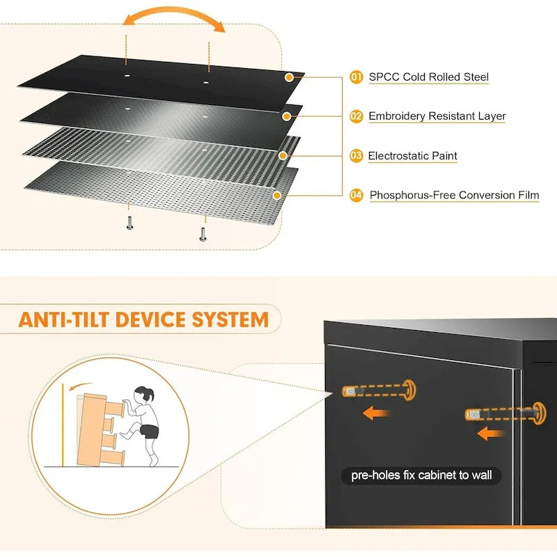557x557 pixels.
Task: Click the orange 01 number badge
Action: click(356, 77)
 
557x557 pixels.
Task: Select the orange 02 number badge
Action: click(356, 116)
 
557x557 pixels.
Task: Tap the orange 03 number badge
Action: click(356, 156)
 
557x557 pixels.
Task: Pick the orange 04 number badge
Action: click(356, 196)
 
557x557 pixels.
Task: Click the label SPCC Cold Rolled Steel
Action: click(428, 77)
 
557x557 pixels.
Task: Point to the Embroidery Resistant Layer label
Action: click(437, 116)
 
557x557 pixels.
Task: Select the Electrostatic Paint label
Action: click(412, 156)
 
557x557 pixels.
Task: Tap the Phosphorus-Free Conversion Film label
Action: click(454, 196)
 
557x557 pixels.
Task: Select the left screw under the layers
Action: click(130, 222)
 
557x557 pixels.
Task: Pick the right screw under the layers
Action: click(203, 234)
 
